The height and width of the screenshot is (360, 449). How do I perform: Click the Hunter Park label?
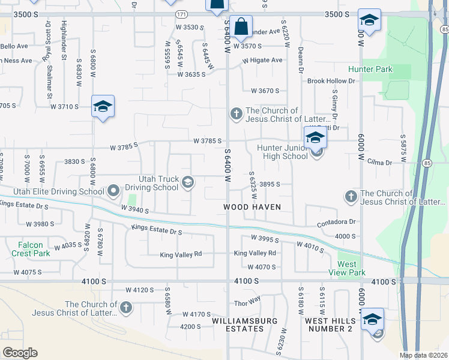(x=370, y=70)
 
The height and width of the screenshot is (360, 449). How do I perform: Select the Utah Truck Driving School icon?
(x=188, y=182)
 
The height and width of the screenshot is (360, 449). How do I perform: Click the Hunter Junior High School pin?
(x=315, y=139)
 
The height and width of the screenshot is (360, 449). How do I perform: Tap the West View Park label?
(x=351, y=268)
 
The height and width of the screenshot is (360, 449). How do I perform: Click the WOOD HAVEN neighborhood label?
(x=253, y=206)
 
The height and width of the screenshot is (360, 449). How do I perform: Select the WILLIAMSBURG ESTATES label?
(x=246, y=325)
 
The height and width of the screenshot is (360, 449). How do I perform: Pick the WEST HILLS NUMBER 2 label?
(x=329, y=325)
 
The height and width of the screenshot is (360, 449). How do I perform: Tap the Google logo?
(x=20, y=353)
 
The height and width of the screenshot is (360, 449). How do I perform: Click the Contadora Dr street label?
(x=337, y=222)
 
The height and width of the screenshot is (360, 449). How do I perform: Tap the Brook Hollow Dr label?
(x=331, y=81)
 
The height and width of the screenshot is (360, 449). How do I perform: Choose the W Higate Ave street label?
(x=262, y=61)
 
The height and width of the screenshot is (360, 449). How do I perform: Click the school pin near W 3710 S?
(x=103, y=107)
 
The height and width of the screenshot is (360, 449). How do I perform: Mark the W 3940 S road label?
(x=134, y=209)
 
